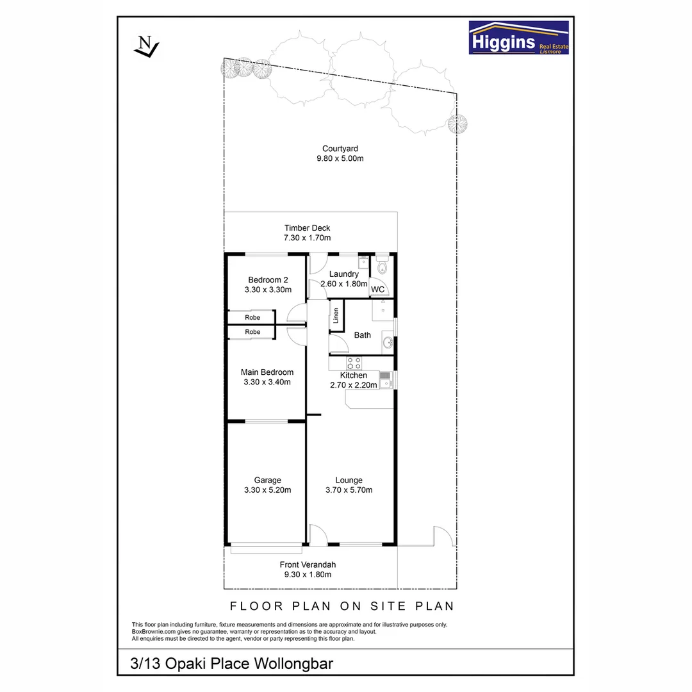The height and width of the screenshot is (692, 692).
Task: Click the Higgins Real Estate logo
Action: click(518, 38)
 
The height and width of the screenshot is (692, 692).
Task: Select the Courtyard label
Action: click(340, 149)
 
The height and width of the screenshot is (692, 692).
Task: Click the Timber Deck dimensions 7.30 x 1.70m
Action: click(307, 238)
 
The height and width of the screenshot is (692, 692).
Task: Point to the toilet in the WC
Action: click(383, 268)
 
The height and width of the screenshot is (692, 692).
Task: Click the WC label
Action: click(378, 290)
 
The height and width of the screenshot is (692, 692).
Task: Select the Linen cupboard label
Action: click(336, 316)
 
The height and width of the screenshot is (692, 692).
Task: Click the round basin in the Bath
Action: click(387, 343)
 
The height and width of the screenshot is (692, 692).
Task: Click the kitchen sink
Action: click(385, 380)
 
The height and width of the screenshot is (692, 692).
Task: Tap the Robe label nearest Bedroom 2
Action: click(252, 317)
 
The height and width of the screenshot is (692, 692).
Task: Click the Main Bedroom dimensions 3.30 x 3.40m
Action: click(267, 383)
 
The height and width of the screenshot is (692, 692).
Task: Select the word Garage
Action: click(267, 480)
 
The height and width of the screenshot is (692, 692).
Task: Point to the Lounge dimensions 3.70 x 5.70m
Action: click(349, 490)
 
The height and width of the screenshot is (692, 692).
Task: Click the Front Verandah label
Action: click(308, 564)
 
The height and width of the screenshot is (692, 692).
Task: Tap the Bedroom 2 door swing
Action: click(296, 313)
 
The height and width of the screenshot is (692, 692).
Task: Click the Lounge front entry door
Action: click(317, 534)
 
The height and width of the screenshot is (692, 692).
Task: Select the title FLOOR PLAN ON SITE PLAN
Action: click(342, 606)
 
